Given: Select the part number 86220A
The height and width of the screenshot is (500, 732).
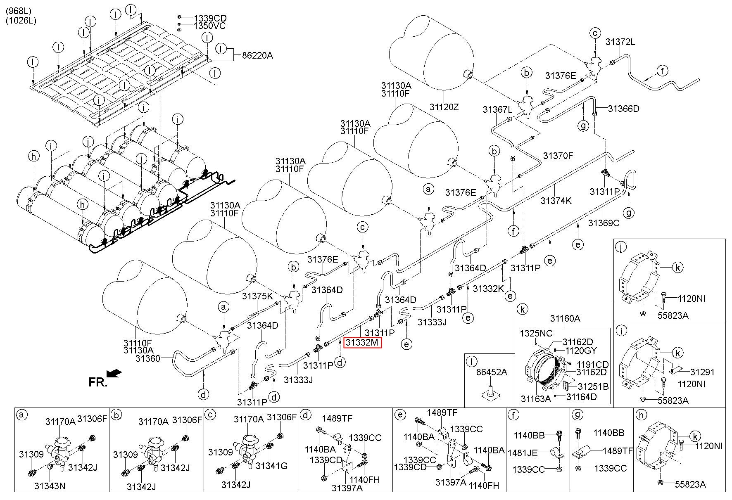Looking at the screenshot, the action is point(258,55).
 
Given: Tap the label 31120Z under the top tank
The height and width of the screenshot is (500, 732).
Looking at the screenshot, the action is point(444,107).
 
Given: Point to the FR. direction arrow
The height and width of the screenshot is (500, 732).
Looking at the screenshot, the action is point(114,373).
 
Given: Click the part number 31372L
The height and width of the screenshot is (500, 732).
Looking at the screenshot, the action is point(620,42).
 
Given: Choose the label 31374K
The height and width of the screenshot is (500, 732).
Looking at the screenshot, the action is point(556,201).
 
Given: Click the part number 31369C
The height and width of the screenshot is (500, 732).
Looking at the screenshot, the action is point(604,223).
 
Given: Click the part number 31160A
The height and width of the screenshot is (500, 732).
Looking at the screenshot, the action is point(565,318).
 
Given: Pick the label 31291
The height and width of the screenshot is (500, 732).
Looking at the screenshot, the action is point(703,372).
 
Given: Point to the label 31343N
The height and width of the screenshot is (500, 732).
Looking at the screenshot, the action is point(50,486).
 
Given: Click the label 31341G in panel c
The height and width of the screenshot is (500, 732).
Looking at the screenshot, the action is point(271,466).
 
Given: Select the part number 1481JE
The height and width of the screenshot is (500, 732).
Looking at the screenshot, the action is point(523,453).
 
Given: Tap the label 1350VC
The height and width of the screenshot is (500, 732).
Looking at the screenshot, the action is point(210,26).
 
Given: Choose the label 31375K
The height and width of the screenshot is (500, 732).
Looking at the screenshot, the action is point(258,296).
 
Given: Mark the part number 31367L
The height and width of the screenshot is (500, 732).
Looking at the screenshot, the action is point(498,109).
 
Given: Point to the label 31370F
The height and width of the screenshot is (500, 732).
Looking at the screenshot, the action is point(558,156).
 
